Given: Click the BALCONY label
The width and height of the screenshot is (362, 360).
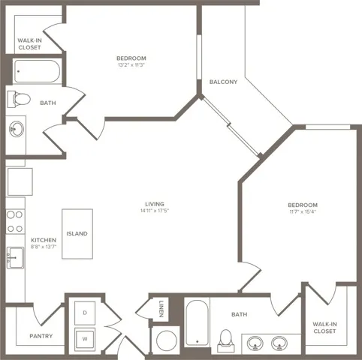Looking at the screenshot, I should pos(225,82).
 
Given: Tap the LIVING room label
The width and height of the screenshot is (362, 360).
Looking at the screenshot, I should pos(155,204).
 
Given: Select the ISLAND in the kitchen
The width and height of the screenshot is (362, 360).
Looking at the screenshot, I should pos(77,233).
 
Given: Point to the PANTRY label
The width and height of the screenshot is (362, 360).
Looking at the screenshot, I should pos(41,336).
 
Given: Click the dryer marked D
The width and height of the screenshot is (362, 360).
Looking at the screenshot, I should pos(85,311).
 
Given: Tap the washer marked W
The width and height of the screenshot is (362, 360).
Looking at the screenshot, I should pos(85,337).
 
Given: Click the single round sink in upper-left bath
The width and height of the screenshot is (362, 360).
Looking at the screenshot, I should pos(17,129).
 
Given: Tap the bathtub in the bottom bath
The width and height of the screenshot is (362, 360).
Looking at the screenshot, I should pos(197,324).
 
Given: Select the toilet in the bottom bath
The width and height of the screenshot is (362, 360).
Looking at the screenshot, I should pos(225,339).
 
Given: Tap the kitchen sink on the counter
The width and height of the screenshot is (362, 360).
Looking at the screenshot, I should pos(15,257).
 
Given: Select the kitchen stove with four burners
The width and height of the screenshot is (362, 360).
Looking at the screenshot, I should pos(15,221).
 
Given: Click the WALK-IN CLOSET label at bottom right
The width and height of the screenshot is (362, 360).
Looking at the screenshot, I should pos(324,327).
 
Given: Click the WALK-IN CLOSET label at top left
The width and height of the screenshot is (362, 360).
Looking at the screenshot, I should pos(29,43).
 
